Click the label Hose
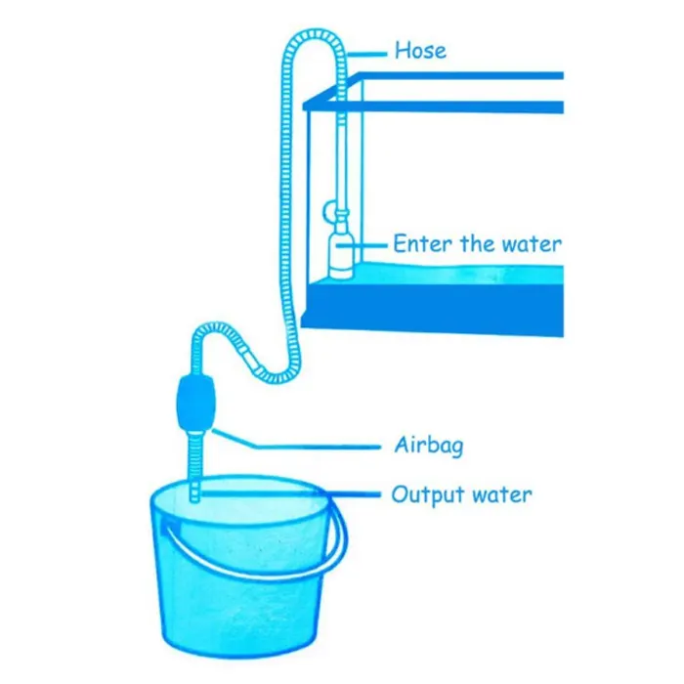[421, 50]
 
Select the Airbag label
[428, 446]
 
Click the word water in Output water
[503, 494]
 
